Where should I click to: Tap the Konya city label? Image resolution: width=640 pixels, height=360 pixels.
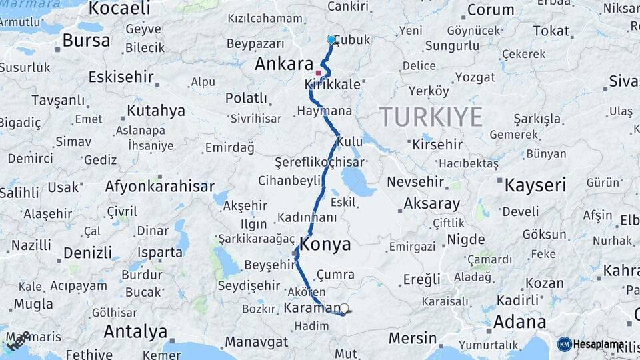coord(325,244)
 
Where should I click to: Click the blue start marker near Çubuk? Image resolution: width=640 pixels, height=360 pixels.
coord(331,39)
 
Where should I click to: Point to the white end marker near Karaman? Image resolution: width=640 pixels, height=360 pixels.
coord(344,309)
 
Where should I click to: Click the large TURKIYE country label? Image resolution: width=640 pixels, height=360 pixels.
coord(431,117)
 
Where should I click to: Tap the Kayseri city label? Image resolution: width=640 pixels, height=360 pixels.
coord(535,185)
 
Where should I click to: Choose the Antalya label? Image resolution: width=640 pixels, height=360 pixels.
coord(136,331)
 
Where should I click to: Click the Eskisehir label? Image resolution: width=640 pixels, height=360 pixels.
coord(121,77)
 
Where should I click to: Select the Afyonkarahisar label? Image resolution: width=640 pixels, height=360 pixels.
coord(159,187)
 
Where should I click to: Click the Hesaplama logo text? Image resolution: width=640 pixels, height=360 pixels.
coord(599,344)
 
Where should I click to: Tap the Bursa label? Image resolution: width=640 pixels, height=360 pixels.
coord(86,40)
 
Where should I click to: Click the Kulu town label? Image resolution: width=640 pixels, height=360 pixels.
coord(350,142)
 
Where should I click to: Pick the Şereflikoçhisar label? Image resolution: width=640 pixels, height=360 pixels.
coord(319,162)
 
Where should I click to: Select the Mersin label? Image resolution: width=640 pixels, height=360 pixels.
coord(412,338)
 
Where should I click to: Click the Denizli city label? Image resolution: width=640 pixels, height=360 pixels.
coord(87,253)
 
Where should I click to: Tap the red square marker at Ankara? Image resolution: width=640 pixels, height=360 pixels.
coord(319,73)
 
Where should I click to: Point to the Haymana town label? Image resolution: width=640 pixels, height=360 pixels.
coord(325,111)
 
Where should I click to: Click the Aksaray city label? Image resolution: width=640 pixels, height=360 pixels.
coord(431,204)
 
